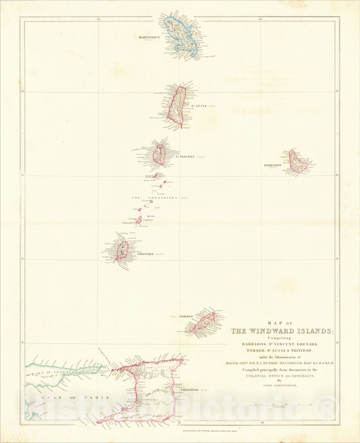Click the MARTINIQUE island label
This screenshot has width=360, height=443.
point(149,37)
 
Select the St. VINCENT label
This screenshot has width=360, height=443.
point(185,157)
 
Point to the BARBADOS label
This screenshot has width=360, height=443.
point(273,165)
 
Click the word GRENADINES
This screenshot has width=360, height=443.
point(163,198)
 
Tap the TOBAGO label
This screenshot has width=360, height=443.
point(186,316)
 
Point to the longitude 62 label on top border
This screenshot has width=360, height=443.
point(98,19)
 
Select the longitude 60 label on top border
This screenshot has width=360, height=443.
point(260,19)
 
